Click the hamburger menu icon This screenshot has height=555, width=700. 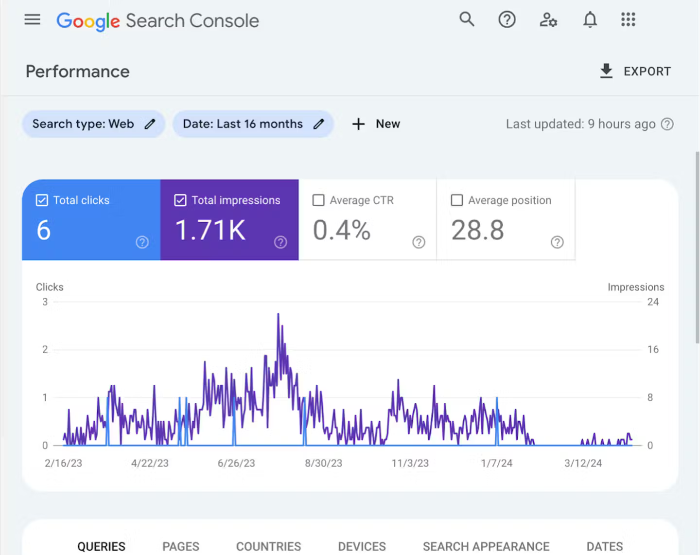[x=33, y=20]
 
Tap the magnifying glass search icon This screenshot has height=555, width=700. [x=467, y=19]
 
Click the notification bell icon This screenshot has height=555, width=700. [x=590, y=20]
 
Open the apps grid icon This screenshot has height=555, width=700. [x=628, y=20]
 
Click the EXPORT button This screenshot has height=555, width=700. [x=635, y=72]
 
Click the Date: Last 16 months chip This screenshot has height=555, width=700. [x=253, y=124]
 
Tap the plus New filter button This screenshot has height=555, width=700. [x=376, y=124]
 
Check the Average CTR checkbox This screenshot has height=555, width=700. [x=318, y=200]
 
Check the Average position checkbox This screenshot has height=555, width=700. [x=457, y=200]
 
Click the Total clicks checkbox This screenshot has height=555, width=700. [x=42, y=200]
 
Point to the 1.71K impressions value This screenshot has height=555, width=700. [x=210, y=230]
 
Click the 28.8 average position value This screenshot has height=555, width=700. [x=477, y=230]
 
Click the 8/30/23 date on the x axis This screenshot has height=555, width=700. [x=323, y=464]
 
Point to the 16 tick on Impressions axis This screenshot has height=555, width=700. [x=653, y=350]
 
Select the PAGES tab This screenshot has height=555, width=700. [x=181, y=546]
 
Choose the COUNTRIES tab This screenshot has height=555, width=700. [x=268, y=546]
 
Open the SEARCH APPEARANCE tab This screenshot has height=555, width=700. [x=486, y=546]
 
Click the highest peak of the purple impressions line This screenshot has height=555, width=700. [x=278, y=314]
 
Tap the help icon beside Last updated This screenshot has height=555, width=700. [x=667, y=124]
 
